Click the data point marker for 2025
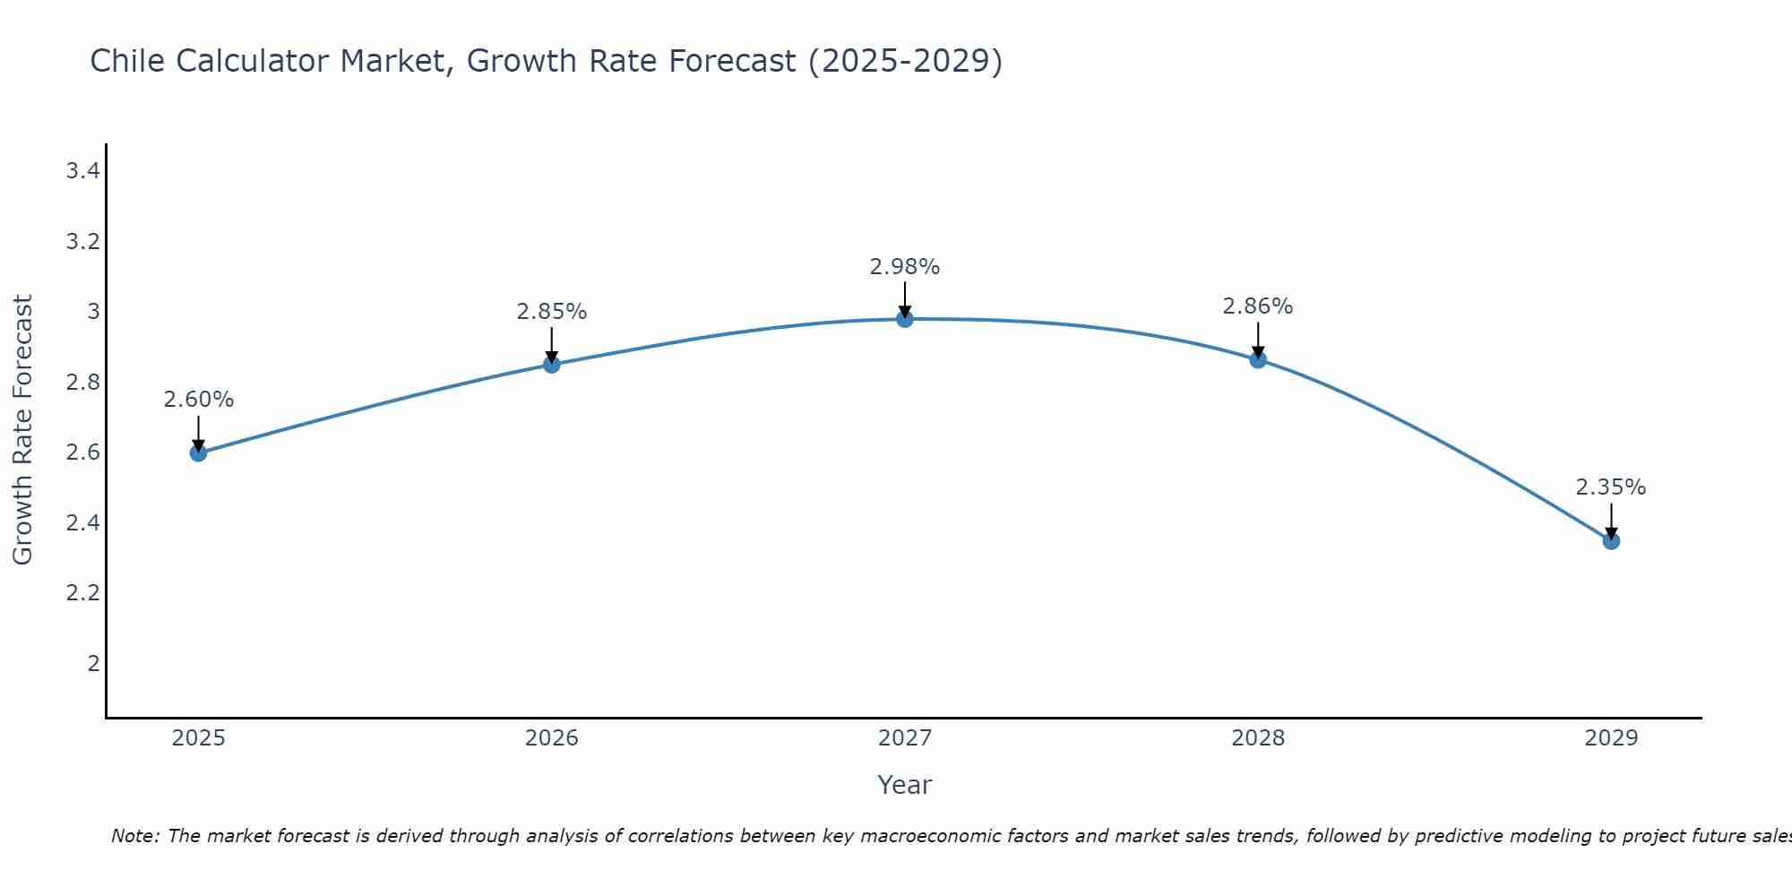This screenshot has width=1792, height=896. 198,453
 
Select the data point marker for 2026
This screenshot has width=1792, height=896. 552,365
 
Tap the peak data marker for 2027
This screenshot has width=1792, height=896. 905,319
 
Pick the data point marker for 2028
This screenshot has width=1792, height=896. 1258,360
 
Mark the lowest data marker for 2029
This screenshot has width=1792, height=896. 1611,541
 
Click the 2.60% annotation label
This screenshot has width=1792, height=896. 198,400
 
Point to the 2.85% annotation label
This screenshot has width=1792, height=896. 552,312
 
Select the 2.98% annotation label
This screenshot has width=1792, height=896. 905,267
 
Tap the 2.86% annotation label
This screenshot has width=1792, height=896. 1258,306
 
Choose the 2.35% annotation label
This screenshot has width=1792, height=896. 1611,487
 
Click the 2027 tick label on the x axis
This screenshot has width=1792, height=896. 905,738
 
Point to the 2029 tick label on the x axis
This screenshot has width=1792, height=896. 1611,738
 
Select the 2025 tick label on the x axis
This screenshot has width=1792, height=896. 198,738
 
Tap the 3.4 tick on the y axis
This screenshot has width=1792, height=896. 82,171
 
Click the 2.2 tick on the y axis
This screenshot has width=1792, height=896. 82,593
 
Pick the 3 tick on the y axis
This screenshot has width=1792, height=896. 93,312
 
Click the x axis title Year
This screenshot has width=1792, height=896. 905,785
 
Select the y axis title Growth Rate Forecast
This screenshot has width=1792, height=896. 22,430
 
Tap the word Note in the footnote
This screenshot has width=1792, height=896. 134,836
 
